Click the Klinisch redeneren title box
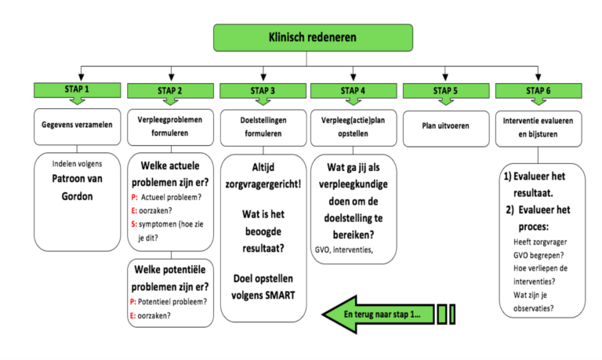pyautogui.click(x=312, y=37)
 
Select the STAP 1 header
pyautogui.click(x=77, y=90)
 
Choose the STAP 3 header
pyautogui.click(x=262, y=90)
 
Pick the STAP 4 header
pyautogui.click(x=354, y=90)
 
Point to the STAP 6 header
pyautogui.click(x=537, y=90)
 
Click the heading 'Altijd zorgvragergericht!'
pyautogui.click(x=262, y=176)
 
